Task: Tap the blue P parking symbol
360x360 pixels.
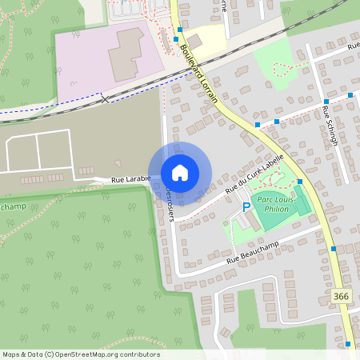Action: click(x=246, y=207)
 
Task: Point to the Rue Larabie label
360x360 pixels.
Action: click(x=127, y=181)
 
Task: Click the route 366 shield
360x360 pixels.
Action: click(x=342, y=297)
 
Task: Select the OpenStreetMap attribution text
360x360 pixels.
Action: click(x=81, y=354)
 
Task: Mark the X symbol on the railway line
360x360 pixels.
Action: click(x=105, y=99)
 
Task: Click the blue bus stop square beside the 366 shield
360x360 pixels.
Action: click(x=333, y=250)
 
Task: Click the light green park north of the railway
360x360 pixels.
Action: click(x=276, y=60)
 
